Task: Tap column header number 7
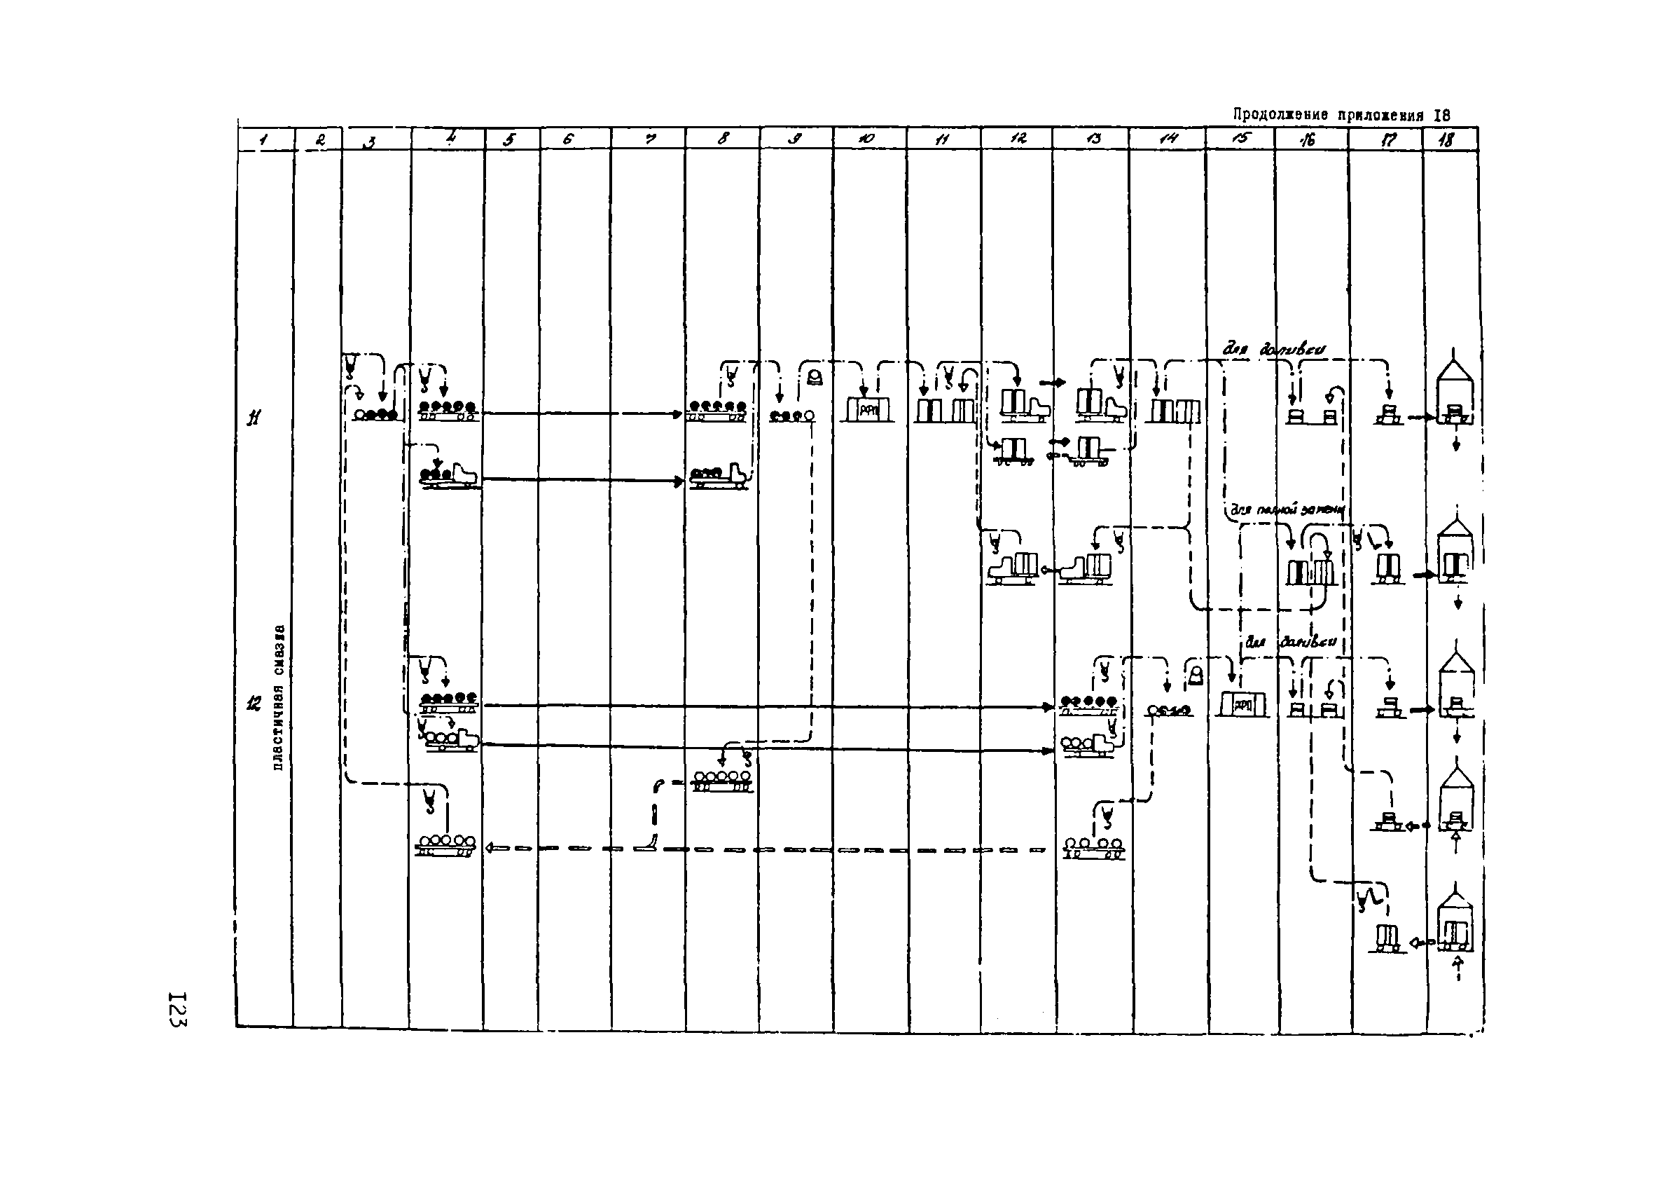[x=649, y=139]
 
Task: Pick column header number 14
[x=1168, y=139]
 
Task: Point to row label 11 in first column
[x=254, y=418]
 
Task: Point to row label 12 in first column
[x=254, y=704]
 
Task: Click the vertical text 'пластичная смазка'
[x=278, y=698]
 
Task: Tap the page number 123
[x=177, y=1010]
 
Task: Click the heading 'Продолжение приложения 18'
[x=1341, y=116]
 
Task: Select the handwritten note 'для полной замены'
[x=1287, y=510]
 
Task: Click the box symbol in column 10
[x=866, y=409]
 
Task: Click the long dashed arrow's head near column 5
[x=490, y=848]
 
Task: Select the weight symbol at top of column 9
[x=815, y=378]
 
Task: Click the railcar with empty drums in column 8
[x=721, y=781]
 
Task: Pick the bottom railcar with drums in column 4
[x=445, y=844]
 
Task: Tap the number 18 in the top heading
[x=1441, y=116]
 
